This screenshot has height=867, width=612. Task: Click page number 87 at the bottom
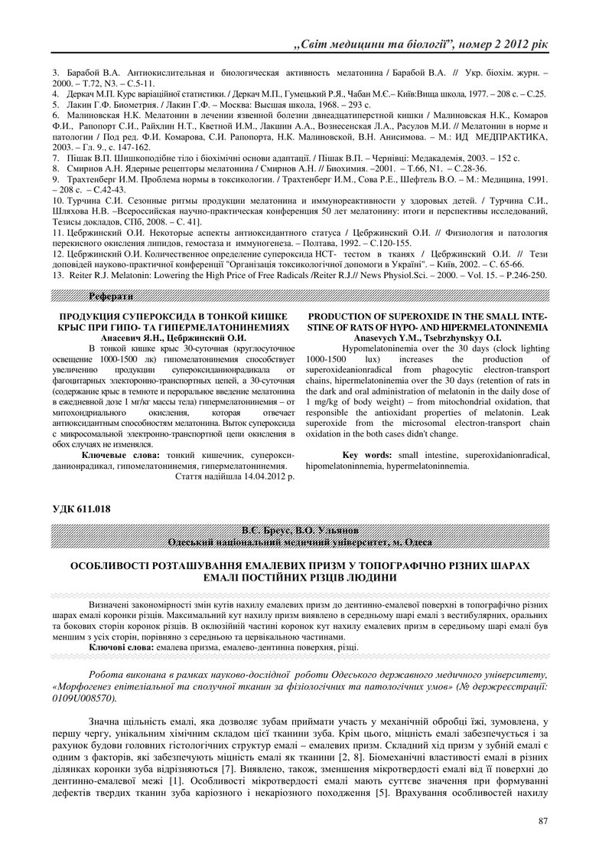click(543, 821)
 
